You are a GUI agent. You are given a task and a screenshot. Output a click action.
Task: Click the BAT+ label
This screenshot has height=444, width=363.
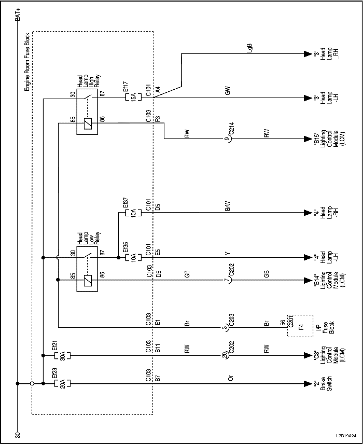pyautogui.click(x=19, y=14)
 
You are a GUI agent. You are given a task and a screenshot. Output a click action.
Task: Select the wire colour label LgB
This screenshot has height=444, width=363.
pyautogui.click(x=250, y=48)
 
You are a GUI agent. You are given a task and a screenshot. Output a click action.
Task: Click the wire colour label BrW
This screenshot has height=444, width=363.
pyautogui.click(x=227, y=206)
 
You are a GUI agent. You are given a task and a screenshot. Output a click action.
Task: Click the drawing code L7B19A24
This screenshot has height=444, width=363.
pyautogui.click(x=346, y=435)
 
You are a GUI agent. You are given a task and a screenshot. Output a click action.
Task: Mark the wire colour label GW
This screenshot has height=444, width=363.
pyautogui.click(x=227, y=91)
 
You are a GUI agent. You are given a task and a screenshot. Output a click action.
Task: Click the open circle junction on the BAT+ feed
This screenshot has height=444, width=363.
pyautogui.click(x=32, y=384)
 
